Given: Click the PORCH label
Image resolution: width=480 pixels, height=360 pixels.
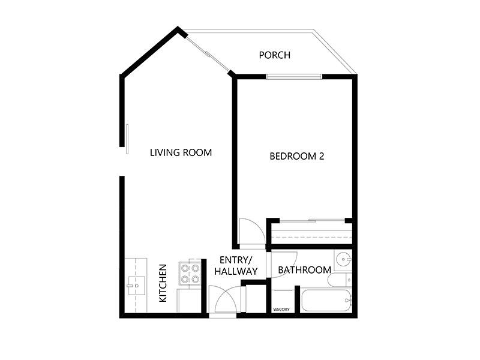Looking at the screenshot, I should [x=274, y=56].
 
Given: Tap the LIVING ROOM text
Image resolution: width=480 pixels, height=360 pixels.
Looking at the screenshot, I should [x=181, y=152].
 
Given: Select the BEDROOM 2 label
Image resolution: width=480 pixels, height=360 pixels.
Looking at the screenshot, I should [x=297, y=157].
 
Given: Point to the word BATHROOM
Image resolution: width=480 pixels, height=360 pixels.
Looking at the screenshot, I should [x=304, y=270].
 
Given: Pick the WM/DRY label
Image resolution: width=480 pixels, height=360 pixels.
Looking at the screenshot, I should [x=281, y=310].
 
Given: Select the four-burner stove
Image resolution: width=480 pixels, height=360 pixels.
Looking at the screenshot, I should [x=190, y=274].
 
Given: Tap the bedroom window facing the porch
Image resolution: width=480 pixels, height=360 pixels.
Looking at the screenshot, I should [x=294, y=76].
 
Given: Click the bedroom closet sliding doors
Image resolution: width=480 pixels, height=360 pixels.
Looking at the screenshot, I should [x=309, y=221].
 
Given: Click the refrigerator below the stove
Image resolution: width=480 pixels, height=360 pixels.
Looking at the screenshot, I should [x=188, y=299].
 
